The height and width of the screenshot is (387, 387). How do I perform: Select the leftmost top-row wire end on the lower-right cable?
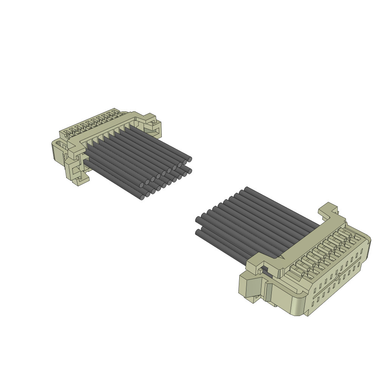pyautogui.click(x=198, y=220)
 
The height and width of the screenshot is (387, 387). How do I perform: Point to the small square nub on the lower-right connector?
pyautogui.click(x=261, y=271)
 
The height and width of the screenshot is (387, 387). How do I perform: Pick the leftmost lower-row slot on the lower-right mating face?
pyautogui.click(x=313, y=303)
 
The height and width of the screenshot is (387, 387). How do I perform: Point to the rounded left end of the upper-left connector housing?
pyautogui.click(x=55, y=151)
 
